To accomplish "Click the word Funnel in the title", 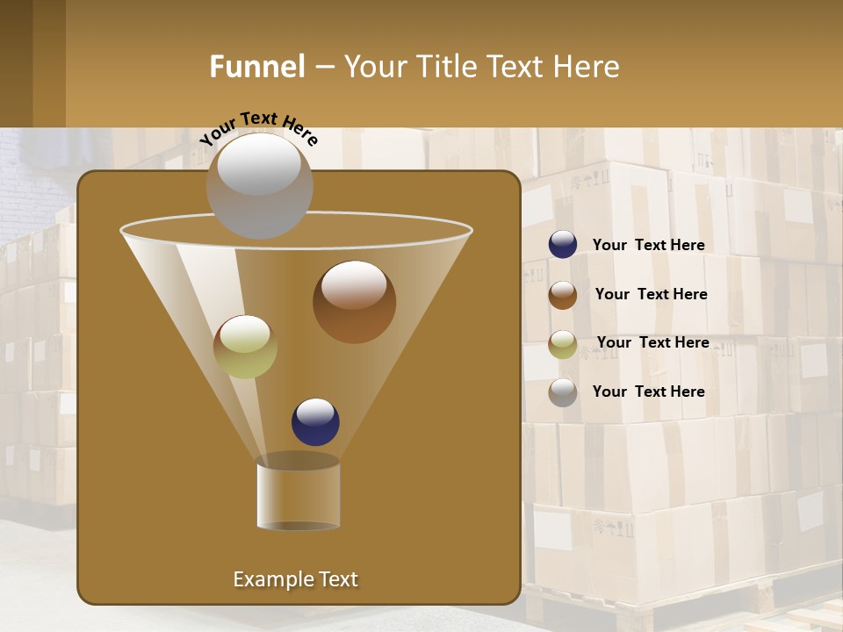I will coord(256,67).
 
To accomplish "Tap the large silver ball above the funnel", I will coord(259,185).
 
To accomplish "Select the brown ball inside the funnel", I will coord(354,302).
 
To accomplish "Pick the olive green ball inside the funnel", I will coord(245,347).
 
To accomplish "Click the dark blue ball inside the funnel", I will coord(315,421).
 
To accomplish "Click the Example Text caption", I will coord(295,579).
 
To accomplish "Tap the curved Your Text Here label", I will coord(258,128).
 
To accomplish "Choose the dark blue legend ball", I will coord(563,245).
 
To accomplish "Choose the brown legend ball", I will coord(563,294).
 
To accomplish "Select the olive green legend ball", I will coord(563,343).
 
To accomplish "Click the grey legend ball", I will coord(563,391).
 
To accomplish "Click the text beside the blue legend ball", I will coord(648,246).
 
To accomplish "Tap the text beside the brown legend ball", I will coord(651,294).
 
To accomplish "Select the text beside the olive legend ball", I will coord(652,342).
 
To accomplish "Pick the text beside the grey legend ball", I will coord(648,391).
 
